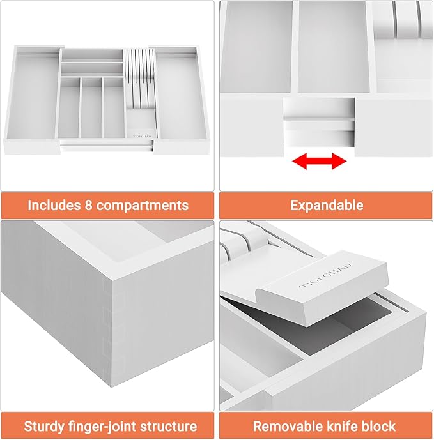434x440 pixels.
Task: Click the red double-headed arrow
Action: pos(320,162)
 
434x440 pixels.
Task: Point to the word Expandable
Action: pos(327,206)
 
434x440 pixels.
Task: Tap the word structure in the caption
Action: pos(167,426)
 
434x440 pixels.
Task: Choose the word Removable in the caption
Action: pos(286,426)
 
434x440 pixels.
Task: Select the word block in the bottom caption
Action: pos(379,426)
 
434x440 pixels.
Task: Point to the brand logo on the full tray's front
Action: pos(140,135)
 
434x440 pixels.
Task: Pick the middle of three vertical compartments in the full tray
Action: pos(91,109)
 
